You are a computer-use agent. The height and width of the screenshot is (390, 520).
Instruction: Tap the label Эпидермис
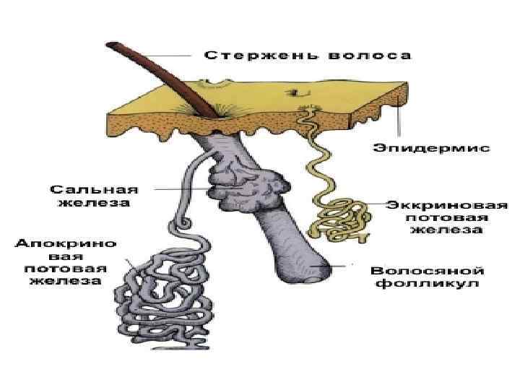[x=432, y=148]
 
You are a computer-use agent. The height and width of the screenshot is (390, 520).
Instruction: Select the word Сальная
[x=94, y=189]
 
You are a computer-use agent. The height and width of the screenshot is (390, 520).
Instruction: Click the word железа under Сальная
[x=94, y=204]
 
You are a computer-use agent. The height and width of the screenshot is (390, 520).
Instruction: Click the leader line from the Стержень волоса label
[x=173, y=56]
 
